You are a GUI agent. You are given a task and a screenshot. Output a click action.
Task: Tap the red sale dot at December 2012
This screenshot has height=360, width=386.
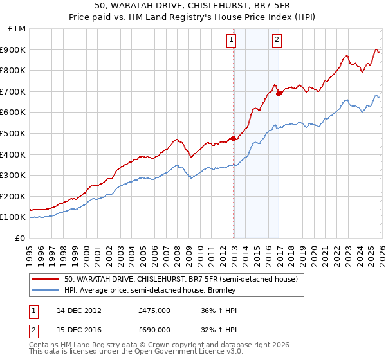tap(233, 138)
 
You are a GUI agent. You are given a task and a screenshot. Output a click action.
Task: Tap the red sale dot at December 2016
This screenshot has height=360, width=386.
tap(279, 93)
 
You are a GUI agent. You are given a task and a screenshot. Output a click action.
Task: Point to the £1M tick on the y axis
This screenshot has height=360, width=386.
tap(17, 29)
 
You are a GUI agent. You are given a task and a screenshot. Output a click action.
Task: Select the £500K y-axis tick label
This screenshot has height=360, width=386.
tap(14, 133)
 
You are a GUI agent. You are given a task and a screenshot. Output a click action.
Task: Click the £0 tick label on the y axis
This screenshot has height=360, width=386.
tap(20, 238)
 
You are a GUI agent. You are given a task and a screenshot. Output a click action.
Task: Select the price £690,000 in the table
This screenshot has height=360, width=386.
tap(154, 329)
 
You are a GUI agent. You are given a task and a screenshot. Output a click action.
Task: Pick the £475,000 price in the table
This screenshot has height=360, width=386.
tap(154, 310)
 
